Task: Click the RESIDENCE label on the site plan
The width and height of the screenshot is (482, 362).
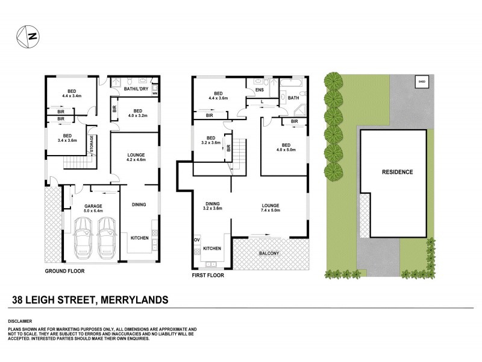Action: click(x=397, y=172)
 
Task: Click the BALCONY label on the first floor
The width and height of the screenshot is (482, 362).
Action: click(x=269, y=253)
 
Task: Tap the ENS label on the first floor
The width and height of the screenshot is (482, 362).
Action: click(x=260, y=91)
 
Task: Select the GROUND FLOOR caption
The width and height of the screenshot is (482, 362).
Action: click(x=64, y=271)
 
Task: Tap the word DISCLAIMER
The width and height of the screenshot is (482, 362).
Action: click(x=22, y=321)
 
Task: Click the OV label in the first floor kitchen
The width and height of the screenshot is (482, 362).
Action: click(x=196, y=240)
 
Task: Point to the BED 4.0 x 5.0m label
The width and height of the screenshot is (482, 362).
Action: click(x=284, y=148)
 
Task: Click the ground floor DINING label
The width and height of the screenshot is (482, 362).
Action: click(x=139, y=205)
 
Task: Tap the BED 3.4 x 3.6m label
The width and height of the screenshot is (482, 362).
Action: click(x=67, y=138)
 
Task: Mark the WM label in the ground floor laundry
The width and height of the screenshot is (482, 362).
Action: click(x=155, y=94)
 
